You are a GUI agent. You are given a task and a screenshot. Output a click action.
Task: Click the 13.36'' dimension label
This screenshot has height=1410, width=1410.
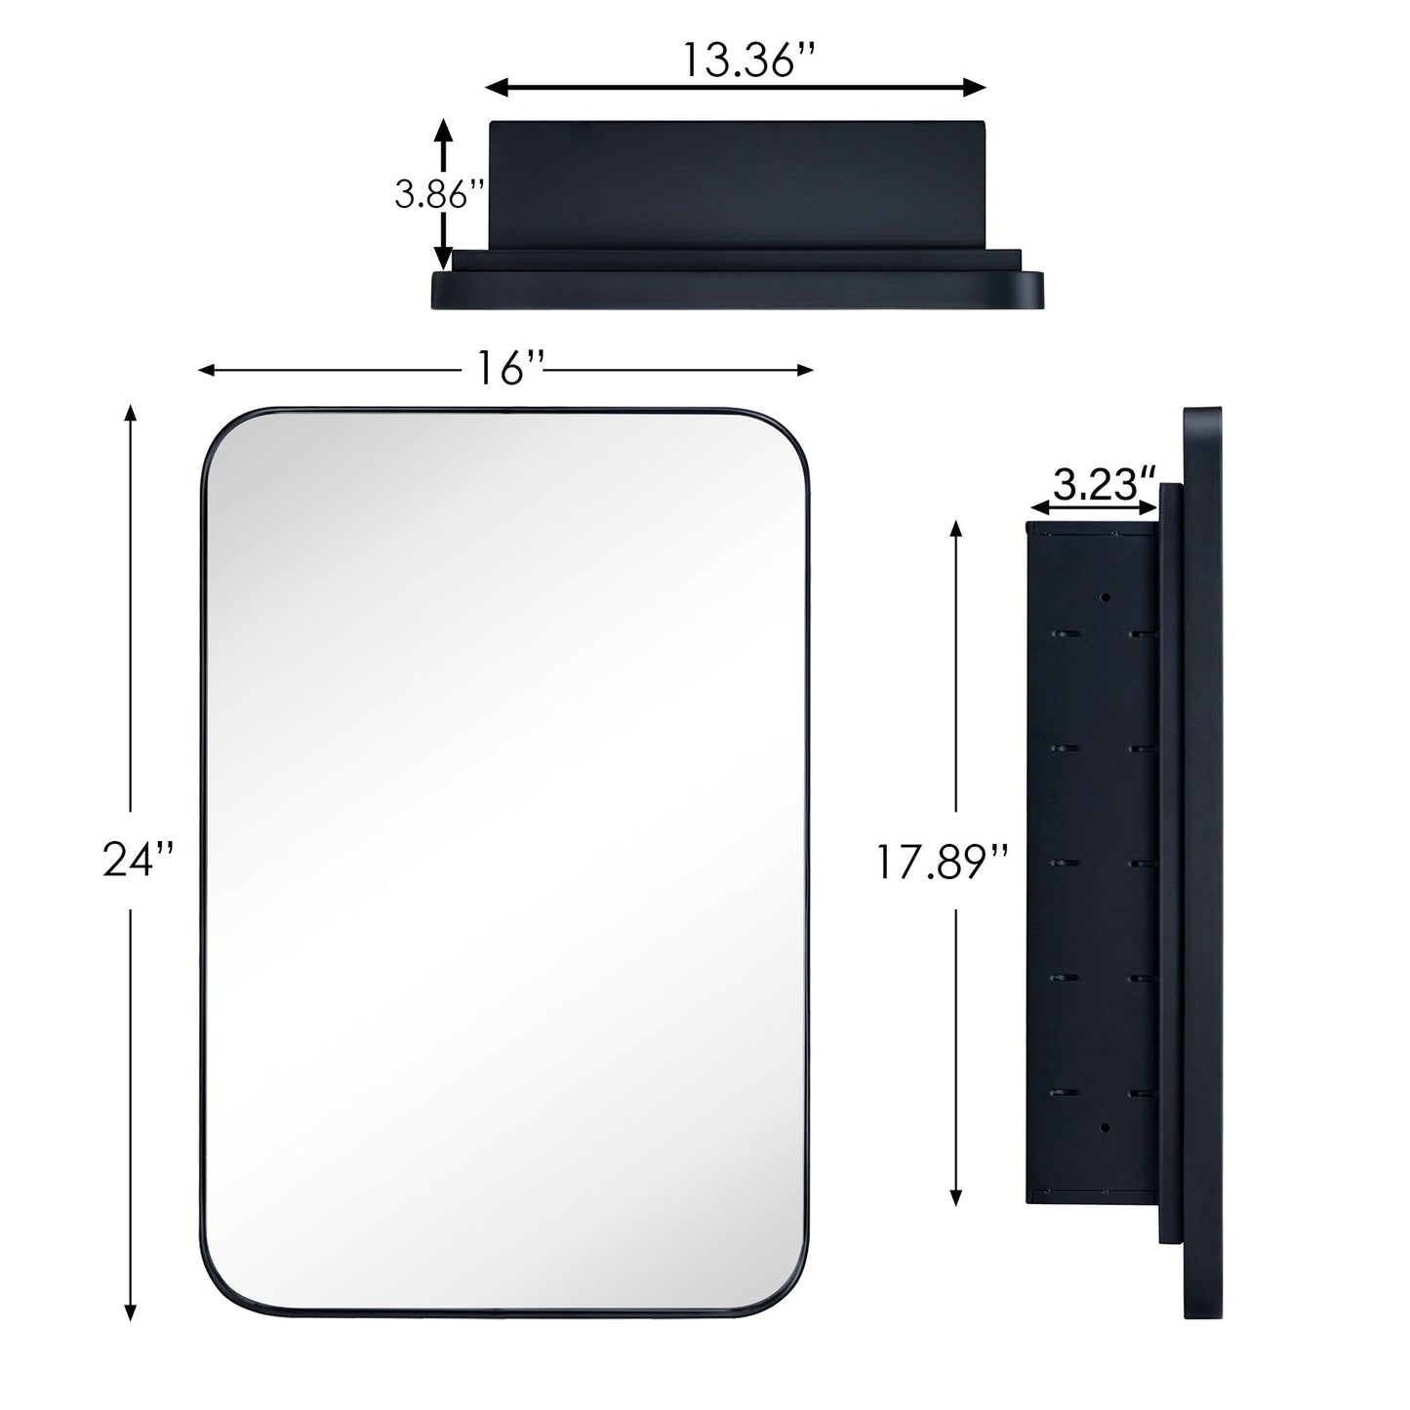[x=747, y=60]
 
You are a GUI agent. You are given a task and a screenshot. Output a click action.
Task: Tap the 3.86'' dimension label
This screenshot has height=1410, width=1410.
[x=439, y=195]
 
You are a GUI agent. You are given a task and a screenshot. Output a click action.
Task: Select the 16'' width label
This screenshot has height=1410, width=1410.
[x=509, y=369]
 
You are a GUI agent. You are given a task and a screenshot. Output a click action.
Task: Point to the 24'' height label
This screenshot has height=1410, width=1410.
[x=139, y=861]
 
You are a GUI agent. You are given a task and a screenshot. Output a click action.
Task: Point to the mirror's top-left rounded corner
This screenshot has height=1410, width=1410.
[x=223, y=429]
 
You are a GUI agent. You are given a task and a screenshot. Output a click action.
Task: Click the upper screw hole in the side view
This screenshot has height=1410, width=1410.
[x=1107, y=596]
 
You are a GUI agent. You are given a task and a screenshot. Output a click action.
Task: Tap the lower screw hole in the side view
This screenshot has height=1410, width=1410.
[x=1107, y=1126]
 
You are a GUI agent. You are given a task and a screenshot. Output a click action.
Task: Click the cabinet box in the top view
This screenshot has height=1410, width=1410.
[x=738, y=183]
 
